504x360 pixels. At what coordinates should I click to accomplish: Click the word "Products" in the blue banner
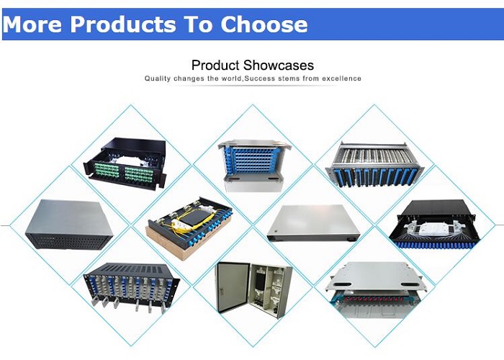pyautogui.click(x=123, y=24)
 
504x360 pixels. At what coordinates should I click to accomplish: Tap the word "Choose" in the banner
pyautogui.click(x=264, y=24)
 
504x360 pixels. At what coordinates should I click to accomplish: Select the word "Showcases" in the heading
pyautogui.click(x=279, y=66)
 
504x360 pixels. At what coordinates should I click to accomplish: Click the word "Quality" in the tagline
pyautogui.click(x=158, y=78)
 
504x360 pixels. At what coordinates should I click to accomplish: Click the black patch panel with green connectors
pyautogui.click(x=125, y=163)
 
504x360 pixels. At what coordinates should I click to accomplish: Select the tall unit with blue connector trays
pyautogui.click(x=254, y=165)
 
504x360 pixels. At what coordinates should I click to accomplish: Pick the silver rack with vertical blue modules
pyautogui.click(x=375, y=164)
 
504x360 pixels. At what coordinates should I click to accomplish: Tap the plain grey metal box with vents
pyautogui.click(x=69, y=225)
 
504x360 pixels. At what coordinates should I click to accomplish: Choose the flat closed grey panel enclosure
pyautogui.click(x=313, y=223)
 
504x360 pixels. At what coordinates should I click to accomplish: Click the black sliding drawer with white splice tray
pyautogui.click(x=434, y=224)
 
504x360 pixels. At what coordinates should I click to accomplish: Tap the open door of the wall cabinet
pyautogui.click(x=232, y=287)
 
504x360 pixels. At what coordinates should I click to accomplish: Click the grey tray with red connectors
pyautogui.click(x=376, y=290)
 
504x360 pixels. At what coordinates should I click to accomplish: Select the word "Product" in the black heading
pyautogui.click(x=216, y=66)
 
